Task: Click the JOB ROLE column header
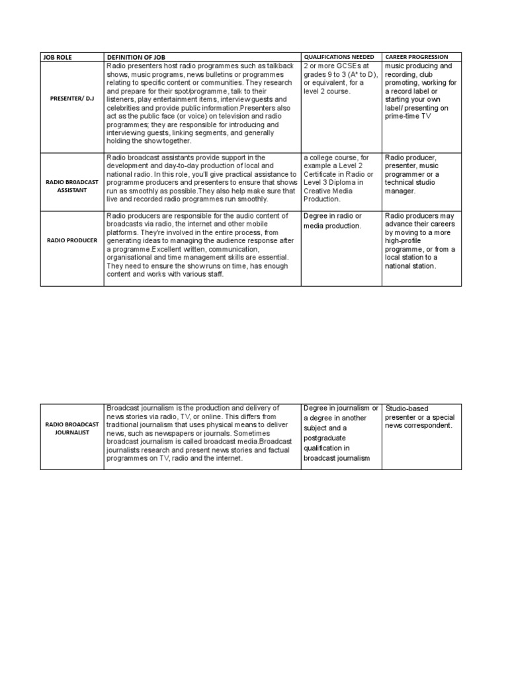tap(57, 57)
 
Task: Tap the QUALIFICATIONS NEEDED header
tap(338, 57)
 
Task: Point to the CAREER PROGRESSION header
tap(416, 57)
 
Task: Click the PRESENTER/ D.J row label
tap(72, 99)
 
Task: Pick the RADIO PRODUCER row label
tap(72, 240)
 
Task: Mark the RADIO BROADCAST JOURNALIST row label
tap(72, 428)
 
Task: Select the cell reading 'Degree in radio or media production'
tap(333, 220)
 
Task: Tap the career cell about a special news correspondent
tap(419, 417)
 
